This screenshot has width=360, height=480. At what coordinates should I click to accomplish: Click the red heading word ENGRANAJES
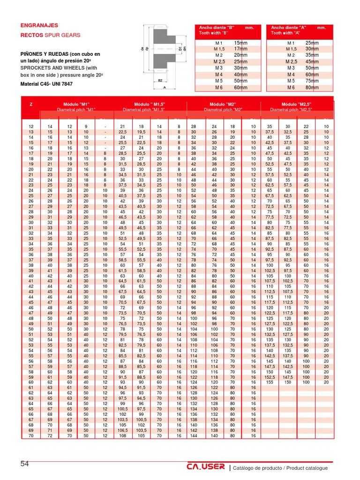(x=39, y=26)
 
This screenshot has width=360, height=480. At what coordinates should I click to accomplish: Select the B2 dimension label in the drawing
(x=160, y=80)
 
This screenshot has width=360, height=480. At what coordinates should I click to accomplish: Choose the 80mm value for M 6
(x=312, y=88)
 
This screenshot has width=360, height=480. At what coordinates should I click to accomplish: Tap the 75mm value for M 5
(x=312, y=81)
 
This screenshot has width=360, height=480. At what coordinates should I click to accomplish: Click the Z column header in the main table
(x=31, y=104)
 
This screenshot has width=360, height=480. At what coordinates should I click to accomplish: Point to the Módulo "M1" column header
(x=76, y=104)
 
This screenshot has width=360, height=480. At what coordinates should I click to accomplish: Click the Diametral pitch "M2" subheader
(x=223, y=109)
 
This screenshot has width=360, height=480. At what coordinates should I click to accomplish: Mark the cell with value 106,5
(x=122, y=430)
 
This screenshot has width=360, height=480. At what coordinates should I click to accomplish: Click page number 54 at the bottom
(x=25, y=464)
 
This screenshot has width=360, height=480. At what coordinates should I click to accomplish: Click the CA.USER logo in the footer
(x=205, y=467)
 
